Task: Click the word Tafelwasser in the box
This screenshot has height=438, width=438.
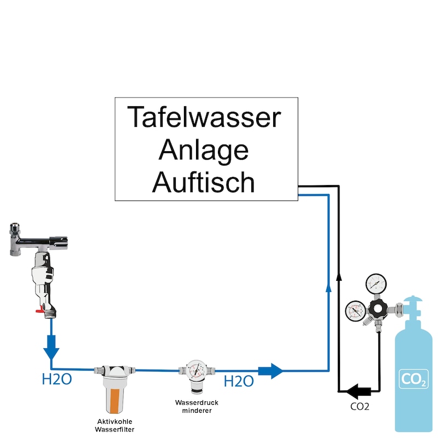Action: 204,117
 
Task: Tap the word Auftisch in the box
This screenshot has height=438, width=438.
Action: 204,182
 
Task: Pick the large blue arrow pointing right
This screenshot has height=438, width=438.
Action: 270,370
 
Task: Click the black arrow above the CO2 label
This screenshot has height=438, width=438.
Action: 358,391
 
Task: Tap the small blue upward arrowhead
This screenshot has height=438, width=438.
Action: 328,287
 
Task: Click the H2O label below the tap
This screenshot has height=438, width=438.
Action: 56,379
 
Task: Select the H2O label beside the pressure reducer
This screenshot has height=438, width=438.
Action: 239,381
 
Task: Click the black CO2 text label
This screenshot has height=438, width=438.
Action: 359,407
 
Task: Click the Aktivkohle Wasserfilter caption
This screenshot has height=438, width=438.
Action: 114,425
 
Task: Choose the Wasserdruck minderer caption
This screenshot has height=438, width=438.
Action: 193,406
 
